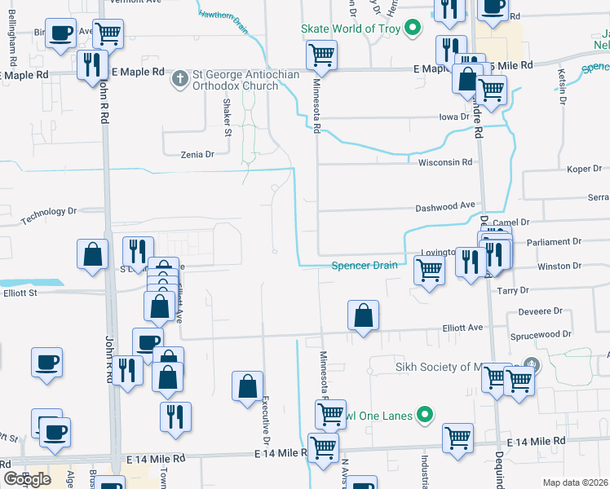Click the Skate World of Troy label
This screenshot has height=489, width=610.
point(351,29)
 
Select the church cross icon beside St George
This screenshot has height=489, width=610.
point(180,80)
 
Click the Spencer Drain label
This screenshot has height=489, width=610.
point(365,265)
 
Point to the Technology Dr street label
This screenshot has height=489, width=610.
point(48,215)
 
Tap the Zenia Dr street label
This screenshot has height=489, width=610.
point(196,153)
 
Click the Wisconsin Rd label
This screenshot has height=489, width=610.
point(445,162)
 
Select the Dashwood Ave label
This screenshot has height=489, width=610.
point(445,207)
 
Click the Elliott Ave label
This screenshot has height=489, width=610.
point(462,328)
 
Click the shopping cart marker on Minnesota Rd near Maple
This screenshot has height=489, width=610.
point(322,56)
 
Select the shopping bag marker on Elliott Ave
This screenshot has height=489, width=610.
point(363,315)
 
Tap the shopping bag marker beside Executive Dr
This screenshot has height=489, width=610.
point(247,386)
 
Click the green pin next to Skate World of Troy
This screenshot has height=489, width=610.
point(413,29)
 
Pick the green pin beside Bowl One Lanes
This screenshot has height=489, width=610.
point(424,416)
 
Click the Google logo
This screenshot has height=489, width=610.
point(27,479)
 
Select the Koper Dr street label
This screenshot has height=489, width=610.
point(584,170)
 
